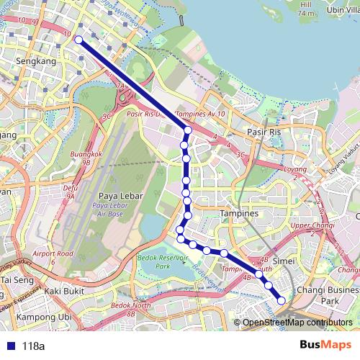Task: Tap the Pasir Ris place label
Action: coord(263,132)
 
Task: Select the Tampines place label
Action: coord(239,214)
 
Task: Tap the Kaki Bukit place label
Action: coord(64,291)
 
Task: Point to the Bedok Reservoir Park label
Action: coord(162,261)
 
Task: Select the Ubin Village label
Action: coord(343,9)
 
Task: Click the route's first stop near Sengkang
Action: coord(77,40)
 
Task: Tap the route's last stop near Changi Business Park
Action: coord(282,300)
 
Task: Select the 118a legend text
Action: coord(33,346)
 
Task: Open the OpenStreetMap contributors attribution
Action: coord(297,323)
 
